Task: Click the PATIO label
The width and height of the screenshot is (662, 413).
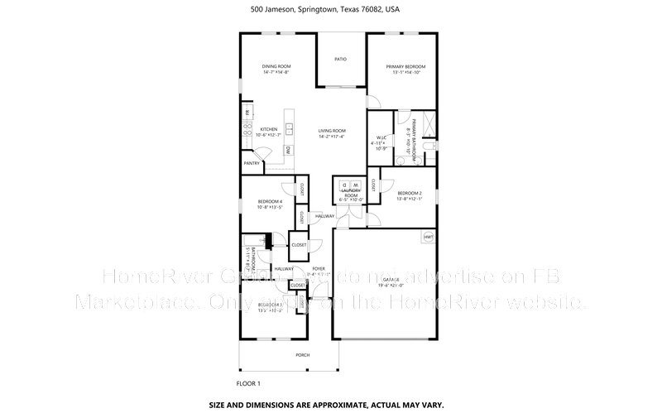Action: click(340, 60)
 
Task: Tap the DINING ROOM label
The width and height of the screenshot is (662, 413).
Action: click(276, 66)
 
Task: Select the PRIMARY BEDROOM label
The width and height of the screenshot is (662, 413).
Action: click(405, 66)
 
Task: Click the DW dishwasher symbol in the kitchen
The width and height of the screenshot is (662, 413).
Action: click(287, 150)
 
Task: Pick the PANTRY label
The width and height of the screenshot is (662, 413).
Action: click(252, 163)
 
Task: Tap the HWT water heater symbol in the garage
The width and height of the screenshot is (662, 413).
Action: click(428, 238)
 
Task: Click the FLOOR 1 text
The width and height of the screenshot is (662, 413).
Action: click(248, 383)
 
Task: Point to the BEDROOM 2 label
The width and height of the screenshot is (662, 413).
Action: click(410, 193)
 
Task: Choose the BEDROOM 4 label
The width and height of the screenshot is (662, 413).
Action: click(270, 202)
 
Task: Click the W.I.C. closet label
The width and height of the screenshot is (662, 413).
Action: click(381, 138)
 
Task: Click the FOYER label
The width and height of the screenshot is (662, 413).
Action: click(319, 269)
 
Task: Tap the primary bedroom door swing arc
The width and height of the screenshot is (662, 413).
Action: click(375, 101)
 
